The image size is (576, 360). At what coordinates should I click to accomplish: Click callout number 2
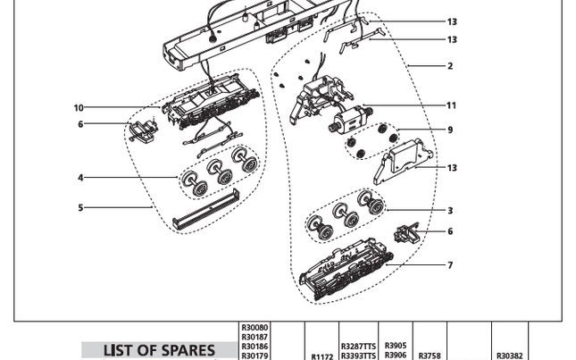click(x=450, y=66)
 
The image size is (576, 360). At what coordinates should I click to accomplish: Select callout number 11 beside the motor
click(x=451, y=105)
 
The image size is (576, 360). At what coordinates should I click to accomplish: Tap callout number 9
click(x=450, y=130)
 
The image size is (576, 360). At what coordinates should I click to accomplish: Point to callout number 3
click(x=450, y=211)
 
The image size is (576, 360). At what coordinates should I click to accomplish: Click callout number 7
click(x=450, y=265)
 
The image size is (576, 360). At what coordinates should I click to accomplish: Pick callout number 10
click(x=79, y=108)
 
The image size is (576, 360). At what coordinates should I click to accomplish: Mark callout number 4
click(x=80, y=178)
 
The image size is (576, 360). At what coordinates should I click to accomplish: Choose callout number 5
click(x=80, y=208)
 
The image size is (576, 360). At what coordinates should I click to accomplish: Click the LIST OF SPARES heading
click(x=159, y=350)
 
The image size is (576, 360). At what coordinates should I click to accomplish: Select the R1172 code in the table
click(x=321, y=356)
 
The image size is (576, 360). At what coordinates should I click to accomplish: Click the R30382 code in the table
click(x=509, y=355)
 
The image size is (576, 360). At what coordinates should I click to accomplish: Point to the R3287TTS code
click(x=358, y=346)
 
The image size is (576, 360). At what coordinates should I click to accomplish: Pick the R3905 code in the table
click(x=395, y=345)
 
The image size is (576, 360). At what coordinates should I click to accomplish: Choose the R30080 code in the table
click(x=255, y=327)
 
